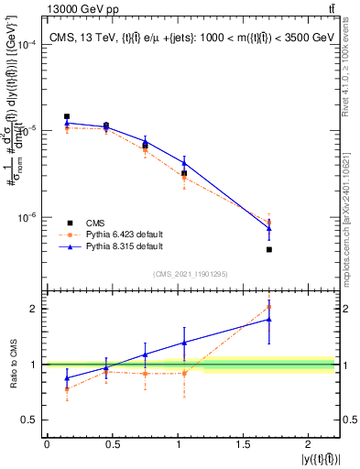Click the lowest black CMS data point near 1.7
[x=268, y=249]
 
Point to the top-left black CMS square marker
[x=67, y=116]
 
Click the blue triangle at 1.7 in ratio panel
[x=268, y=319]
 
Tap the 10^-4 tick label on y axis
[x=27, y=45]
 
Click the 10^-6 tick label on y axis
[x=27, y=218]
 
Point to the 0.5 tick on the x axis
[x=112, y=444]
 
